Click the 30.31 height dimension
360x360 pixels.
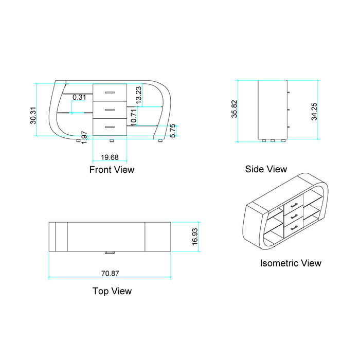tap(33, 116)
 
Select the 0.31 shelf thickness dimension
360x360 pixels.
tap(79, 97)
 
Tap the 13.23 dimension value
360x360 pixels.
tap(138, 95)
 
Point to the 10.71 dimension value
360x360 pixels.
tap(133, 117)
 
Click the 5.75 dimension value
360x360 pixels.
tap(173, 131)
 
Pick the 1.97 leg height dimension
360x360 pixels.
tap(84, 137)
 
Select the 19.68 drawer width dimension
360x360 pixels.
tap(110, 157)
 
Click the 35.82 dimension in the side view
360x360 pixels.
tap(234, 109)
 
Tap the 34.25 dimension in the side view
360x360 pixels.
tap(314, 112)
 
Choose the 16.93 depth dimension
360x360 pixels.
tap(195, 237)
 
